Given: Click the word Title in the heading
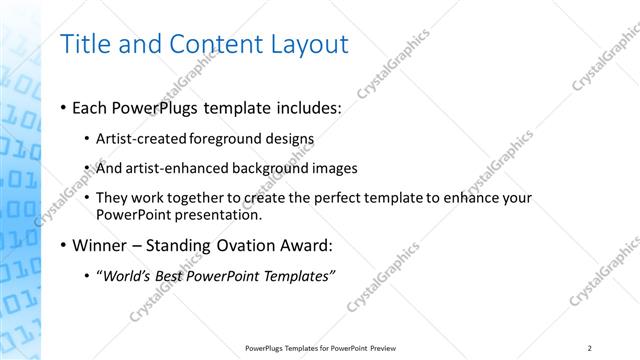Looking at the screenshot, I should pos(86,45).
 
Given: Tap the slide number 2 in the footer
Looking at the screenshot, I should pos(590,347).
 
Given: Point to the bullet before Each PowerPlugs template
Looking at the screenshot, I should pos(64,107).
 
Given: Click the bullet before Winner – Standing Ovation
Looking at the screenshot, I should pos(64,245).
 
